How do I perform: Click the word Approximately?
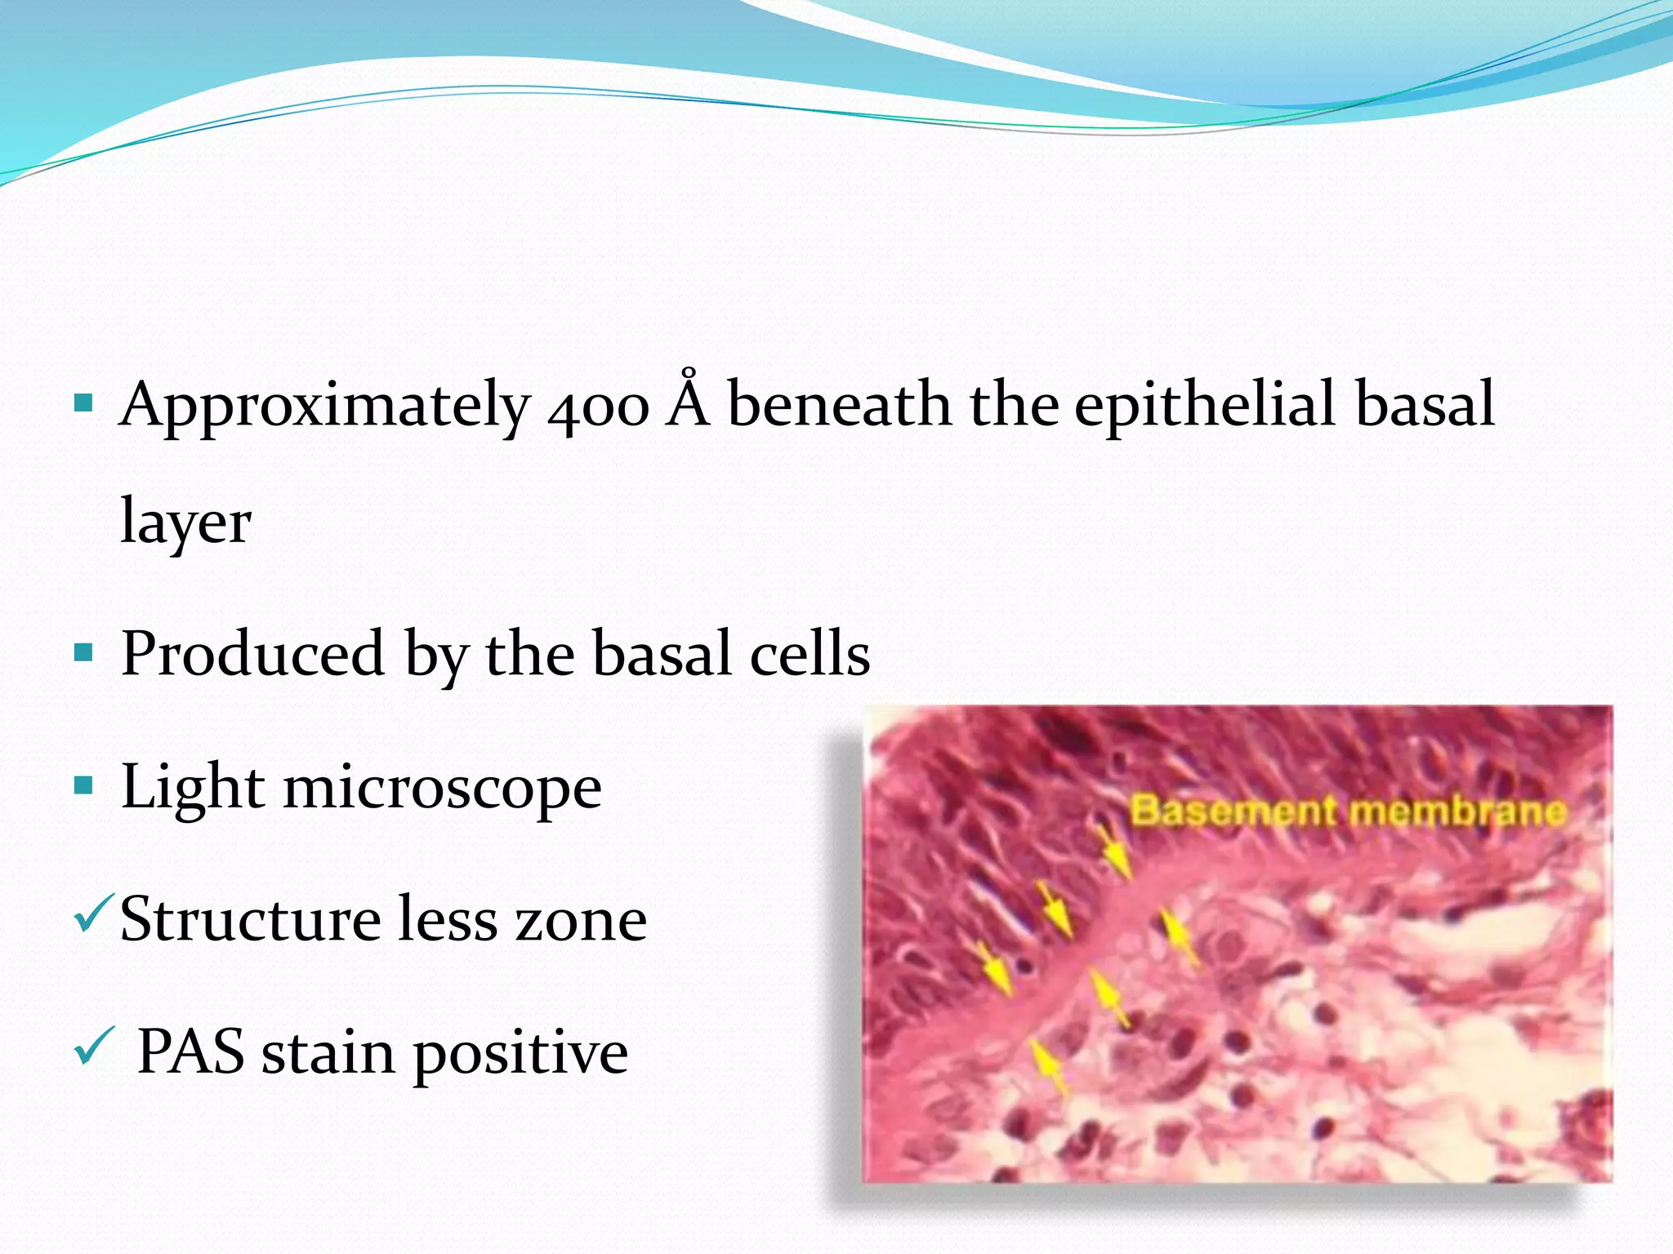[x=325, y=406]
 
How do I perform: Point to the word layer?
[x=185, y=522]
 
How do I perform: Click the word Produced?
[x=252, y=654]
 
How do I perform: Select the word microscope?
[x=442, y=789]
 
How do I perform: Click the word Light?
[x=193, y=787]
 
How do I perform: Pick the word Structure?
[x=249, y=919]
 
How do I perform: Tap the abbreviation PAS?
[x=190, y=1052]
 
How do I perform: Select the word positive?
[x=520, y=1055]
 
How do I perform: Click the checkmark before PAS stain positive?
[x=91, y=1047]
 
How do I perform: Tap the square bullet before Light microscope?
[x=83, y=786]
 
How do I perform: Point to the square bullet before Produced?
[x=83, y=652]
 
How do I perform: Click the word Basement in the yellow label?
[x=1233, y=811]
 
